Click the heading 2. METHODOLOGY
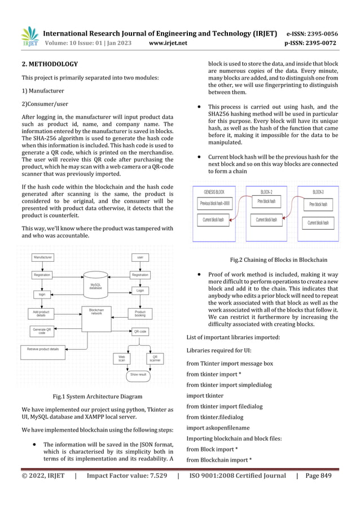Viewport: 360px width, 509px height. (50, 64)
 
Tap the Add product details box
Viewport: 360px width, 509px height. (41, 313)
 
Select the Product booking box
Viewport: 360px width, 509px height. (140, 313)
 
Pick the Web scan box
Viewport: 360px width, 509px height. (121, 358)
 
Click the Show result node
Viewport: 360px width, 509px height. (138, 374)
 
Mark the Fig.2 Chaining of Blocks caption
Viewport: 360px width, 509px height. (279, 260)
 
